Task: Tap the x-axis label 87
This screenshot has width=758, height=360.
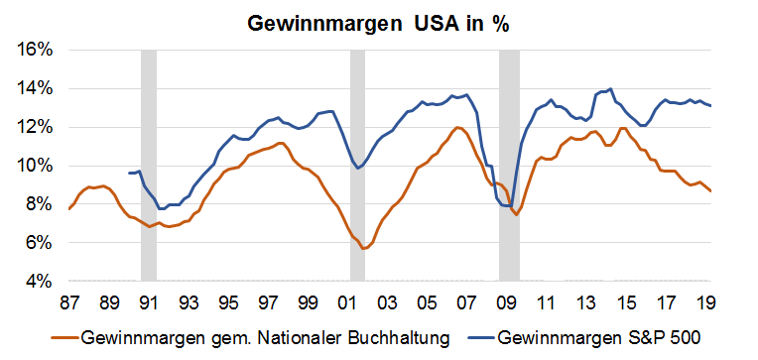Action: click(70, 301)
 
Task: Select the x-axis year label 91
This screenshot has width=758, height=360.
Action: click(150, 301)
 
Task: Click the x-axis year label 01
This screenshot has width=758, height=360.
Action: click(348, 301)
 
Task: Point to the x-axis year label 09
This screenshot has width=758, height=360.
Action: click(507, 301)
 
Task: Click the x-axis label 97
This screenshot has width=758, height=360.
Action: click(269, 301)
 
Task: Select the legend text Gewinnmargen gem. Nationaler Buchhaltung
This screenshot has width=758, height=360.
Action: click(264, 338)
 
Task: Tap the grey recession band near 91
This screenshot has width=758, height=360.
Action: click(149, 165)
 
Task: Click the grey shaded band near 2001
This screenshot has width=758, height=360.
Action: click(358, 165)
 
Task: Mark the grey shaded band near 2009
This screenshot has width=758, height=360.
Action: click(509, 165)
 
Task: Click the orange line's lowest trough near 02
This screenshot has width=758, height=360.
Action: click(365, 248)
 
